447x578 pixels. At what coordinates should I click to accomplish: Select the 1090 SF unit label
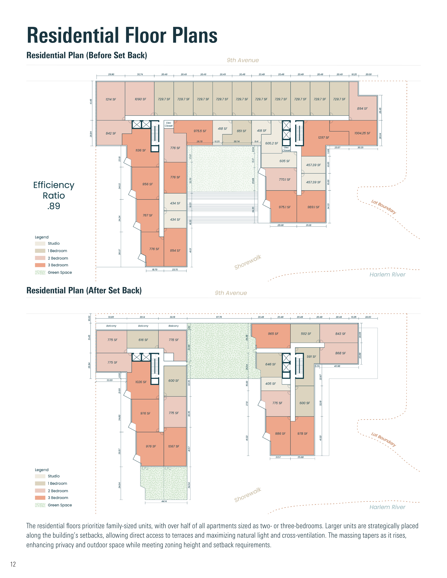pos(140,99)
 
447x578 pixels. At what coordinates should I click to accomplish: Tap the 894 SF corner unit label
pos(362,109)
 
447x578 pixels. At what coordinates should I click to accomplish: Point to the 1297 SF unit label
pos(324,138)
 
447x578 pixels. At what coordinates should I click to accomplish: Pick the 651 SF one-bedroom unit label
pos(242,131)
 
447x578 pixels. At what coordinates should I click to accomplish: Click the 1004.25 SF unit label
pos(362,133)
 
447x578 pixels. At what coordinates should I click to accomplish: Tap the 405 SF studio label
pos(270,383)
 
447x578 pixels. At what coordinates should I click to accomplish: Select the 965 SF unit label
pos(273,334)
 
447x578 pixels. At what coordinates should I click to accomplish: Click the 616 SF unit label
pos(143,340)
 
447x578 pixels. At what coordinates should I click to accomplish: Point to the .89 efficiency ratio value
pos(54,206)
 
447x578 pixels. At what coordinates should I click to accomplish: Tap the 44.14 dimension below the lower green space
pos(164,501)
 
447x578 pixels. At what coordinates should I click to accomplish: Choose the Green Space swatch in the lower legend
pos(40,505)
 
